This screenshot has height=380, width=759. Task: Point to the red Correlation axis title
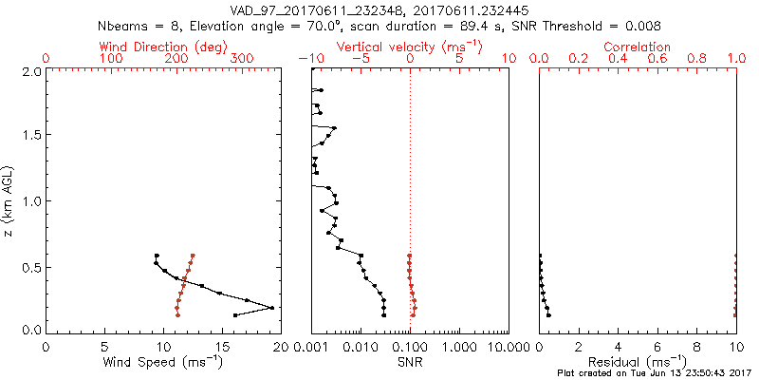point(638,47)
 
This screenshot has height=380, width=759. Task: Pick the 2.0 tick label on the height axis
point(32,71)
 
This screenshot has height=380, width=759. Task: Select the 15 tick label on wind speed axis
point(221,347)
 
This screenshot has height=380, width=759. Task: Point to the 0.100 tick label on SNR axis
point(410,347)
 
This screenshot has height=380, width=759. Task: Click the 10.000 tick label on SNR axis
point(507,347)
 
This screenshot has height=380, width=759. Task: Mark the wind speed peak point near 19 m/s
point(271,308)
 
